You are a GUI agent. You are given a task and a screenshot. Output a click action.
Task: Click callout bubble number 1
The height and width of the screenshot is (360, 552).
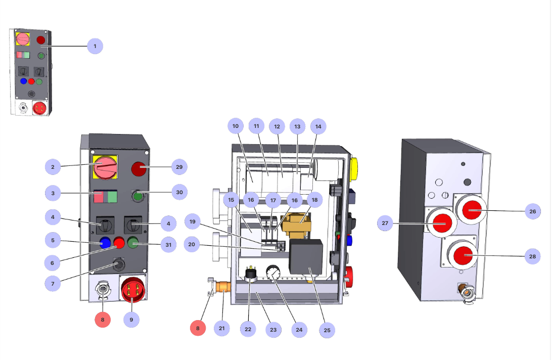click(95, 47)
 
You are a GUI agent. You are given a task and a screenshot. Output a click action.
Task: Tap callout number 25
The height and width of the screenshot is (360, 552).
click(327, 330)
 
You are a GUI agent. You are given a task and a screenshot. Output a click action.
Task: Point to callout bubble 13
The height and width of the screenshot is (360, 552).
click(297, 126)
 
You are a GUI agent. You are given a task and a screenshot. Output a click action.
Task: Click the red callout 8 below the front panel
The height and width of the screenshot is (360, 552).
click(103, 320)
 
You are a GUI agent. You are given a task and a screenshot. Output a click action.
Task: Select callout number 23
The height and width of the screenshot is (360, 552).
click(273, 330)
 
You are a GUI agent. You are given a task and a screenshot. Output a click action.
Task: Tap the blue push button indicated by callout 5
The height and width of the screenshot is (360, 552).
click(106, 243)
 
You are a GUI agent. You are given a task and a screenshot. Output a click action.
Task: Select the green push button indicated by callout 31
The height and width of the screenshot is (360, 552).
click(133, 243)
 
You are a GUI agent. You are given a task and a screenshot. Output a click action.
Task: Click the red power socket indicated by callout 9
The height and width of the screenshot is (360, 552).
click(132, 290)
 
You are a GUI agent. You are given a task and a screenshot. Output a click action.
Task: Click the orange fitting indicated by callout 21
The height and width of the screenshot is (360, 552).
click(223, 288)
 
